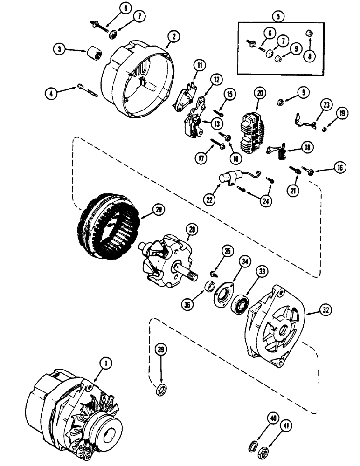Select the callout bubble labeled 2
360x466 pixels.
pyautogui.click(x=173, y=35)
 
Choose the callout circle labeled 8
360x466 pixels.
pyautogui.click(x=309, y=54)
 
